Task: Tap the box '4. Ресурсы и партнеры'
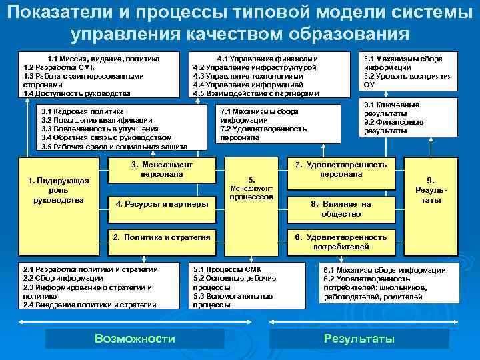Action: pyautogui.click(x=162, y=203)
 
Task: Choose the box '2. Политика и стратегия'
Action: pyautogui.click(x=162, y=237)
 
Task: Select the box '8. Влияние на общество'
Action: pyautogui.click(x=341, y=209)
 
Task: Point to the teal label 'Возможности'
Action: pyautogui.click(x=135, y=339)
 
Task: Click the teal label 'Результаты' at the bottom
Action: pyautogui.click(x=359, y=339)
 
